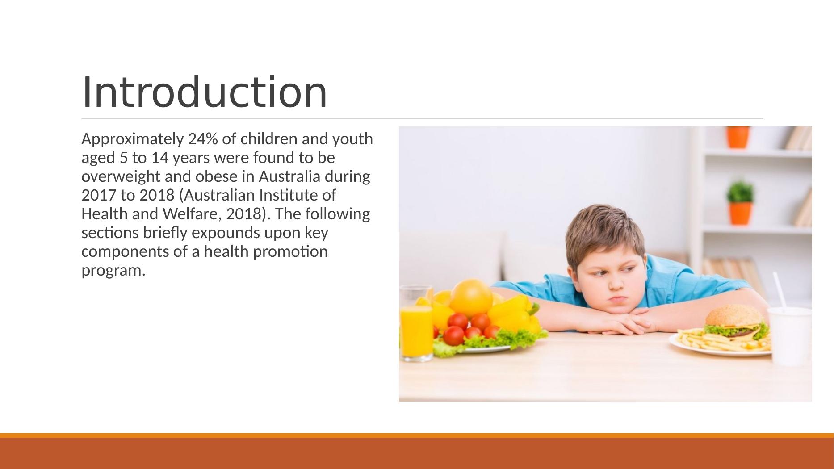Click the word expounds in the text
[x=229, y=234]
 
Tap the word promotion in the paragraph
[x=290, y=252]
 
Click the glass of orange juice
[x=416, y=323]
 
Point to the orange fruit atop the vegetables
[x=471, y=297]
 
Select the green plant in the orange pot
[x=740, y=192]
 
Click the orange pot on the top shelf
[x=738, y=137]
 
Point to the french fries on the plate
[x=706, y=342]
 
